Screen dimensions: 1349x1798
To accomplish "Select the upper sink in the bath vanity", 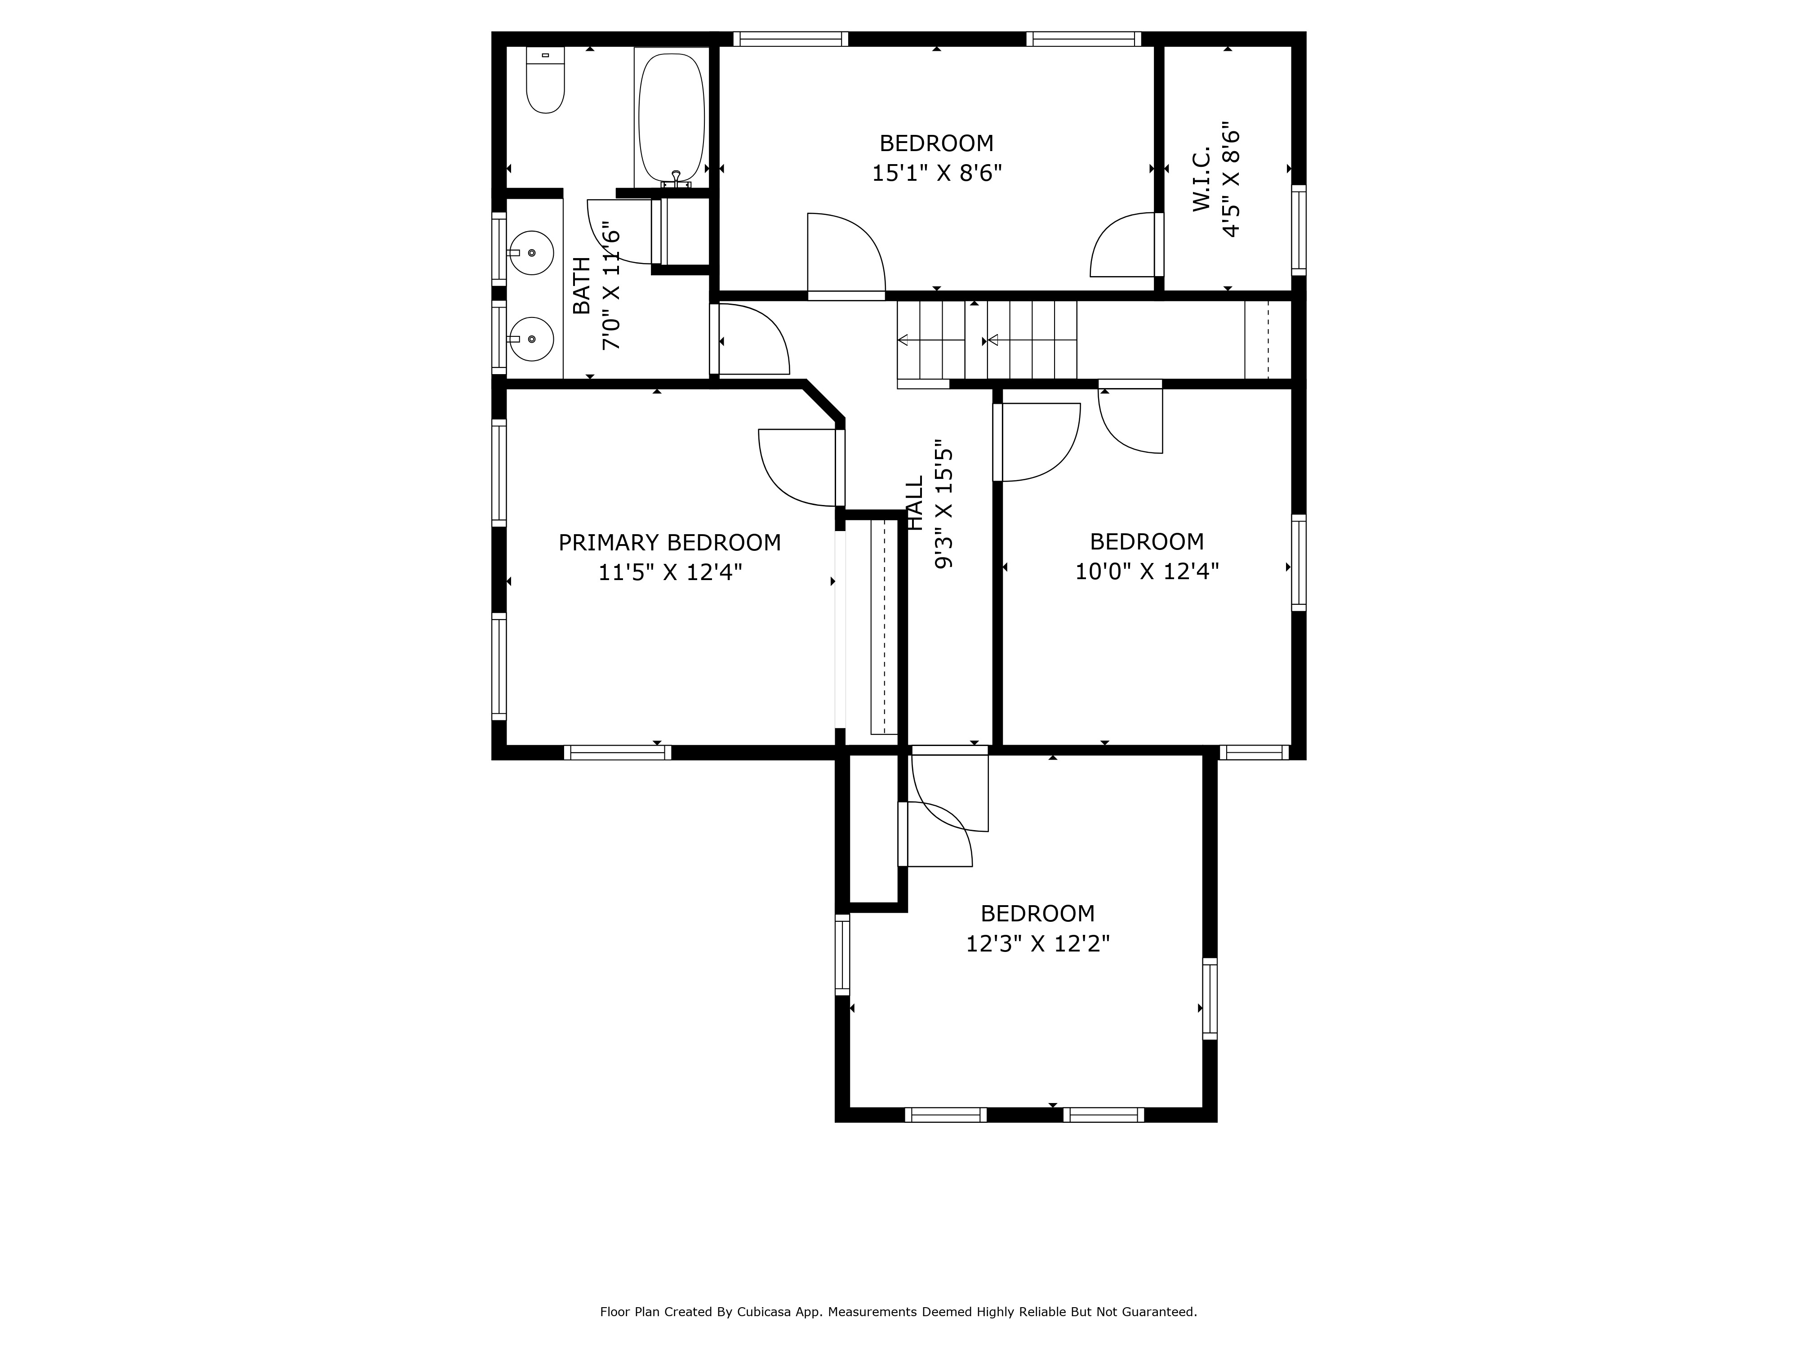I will pos(532,253).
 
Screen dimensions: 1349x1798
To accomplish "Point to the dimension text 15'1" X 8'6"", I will pos(936,173).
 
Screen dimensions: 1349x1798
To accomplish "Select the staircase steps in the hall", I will pos(988,340).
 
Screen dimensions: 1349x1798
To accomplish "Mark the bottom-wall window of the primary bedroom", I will pos(617,752).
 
